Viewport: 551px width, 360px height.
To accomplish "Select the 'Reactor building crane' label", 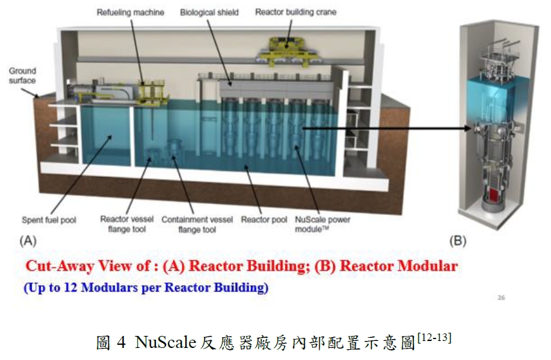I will (295, 12).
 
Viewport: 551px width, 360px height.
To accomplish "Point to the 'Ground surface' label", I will (22, 75).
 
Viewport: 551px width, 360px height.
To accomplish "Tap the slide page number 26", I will (502, 297).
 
